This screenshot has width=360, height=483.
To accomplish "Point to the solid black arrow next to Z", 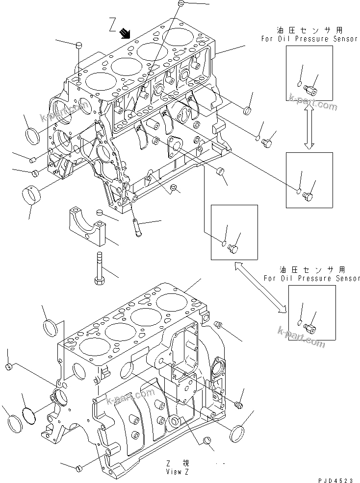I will (x=126, y=33).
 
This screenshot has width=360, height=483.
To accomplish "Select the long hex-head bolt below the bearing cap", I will (x=97, y=268).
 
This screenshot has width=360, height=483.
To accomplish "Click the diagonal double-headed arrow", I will (x=260, y=287).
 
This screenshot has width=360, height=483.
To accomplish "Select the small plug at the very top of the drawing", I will (x=181, y=4).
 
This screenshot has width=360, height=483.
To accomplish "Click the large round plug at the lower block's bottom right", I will (x=238, y=434).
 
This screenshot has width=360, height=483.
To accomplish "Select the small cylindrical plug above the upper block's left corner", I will (x=78, y=46).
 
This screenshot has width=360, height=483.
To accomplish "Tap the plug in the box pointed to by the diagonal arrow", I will (x=233, y=248).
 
